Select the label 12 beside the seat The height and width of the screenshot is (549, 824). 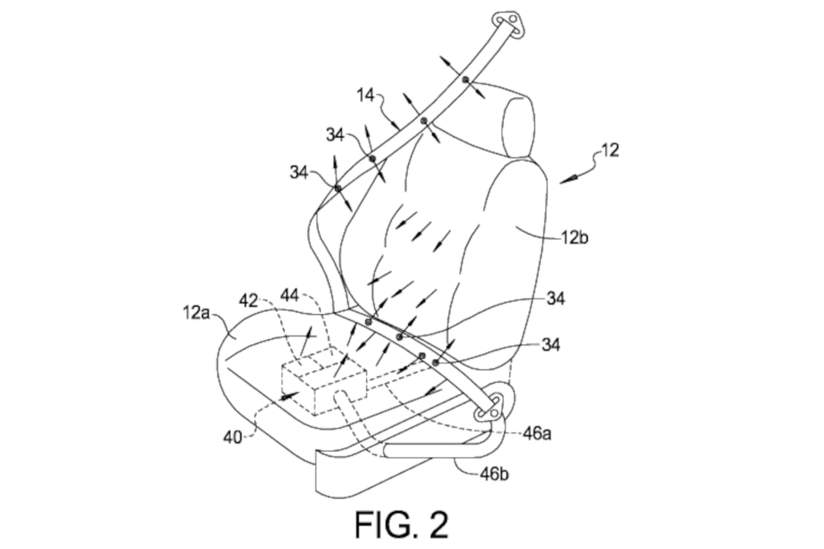pos(610,151)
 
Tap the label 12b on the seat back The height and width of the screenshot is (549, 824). pos(577,237)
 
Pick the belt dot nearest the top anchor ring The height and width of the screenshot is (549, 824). pos(465,79)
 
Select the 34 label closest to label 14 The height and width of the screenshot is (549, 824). pos(336,134)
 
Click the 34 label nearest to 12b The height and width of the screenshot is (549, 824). pos(555,299)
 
